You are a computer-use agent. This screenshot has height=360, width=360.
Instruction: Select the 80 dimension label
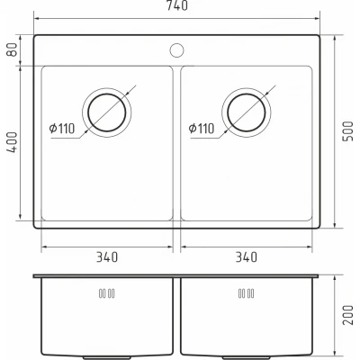point(13,50)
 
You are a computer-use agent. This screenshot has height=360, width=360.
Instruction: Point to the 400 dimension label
point(13,141)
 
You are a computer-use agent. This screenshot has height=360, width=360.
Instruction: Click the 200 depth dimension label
point(348,314)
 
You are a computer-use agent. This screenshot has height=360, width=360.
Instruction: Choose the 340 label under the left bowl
point(107,256)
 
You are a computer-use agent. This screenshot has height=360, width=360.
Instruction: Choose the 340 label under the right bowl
point(246,256)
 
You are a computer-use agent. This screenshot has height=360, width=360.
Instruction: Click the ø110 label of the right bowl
point(202,128)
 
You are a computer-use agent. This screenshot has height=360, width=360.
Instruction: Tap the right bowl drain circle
point(246,112)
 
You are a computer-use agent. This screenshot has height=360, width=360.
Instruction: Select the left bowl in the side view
point(106,319)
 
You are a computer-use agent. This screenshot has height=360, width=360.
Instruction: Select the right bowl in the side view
point(247,319)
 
